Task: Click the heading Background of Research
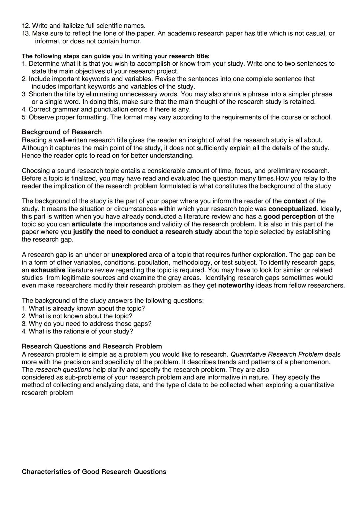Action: tap(62, 132)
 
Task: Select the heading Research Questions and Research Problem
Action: tap(92, 346)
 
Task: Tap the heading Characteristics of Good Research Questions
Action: tap(94, 472)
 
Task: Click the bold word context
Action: tap(295, 201)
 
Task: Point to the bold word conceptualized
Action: tap(292, 209)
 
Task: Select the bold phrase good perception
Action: tap(289, 216)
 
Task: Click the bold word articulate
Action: tap(86, 224)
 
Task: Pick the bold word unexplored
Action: tap(129, 255)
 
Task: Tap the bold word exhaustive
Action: tap(48, 270)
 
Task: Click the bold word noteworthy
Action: tap(236, 286)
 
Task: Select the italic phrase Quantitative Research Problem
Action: tap(276, 354)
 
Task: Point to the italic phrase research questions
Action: tap(63, 370)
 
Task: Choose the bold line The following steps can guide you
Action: tap(115, 56)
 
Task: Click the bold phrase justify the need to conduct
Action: tap(143, 232)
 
